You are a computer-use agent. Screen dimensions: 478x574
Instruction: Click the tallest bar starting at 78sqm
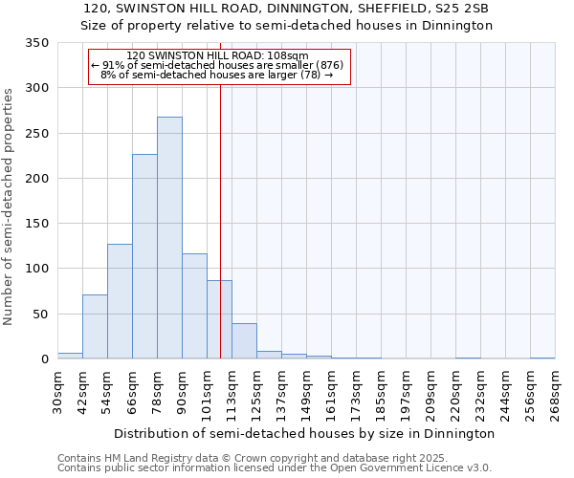(169, 238)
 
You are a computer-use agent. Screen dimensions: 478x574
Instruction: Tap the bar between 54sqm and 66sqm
(120, 301)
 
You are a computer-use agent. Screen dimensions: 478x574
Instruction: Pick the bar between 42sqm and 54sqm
(95, 327)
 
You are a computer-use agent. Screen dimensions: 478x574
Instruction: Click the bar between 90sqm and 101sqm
(194, 306)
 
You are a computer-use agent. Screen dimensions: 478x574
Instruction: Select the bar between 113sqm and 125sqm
(244, 341)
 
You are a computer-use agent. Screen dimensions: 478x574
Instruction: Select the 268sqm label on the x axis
(556, 392)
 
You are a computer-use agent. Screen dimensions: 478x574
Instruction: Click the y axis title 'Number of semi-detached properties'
(10, 206)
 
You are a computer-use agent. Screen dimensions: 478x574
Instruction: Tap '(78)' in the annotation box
(310, 75)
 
